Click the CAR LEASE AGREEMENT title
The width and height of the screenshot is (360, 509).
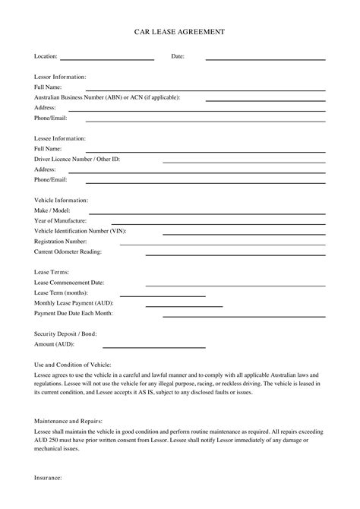[x=179, y=33]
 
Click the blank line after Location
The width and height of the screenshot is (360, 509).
[x=107, y=59]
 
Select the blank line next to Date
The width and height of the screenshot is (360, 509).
[x=265, y=59]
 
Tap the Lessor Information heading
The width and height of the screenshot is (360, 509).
[x=60, y=77]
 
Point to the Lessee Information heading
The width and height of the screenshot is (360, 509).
[x=60, y=139]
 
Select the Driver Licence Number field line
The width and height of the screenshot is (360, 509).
[x=244, y=162]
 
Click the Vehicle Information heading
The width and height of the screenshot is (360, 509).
[x=62, y=201]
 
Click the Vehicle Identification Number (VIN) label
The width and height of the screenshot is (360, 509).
[x=80, y=230]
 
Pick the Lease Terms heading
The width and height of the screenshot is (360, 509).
[x=52, y=272]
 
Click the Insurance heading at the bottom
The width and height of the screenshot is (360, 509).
[x=48, y=478]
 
